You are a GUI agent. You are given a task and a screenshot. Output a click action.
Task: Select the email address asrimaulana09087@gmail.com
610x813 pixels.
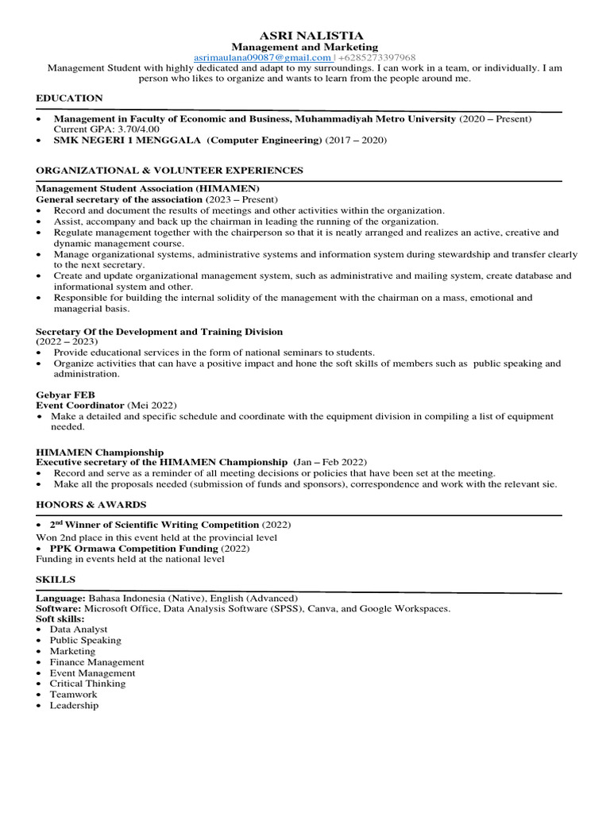point(263,58)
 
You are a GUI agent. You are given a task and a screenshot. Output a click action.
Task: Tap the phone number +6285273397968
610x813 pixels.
point(377,58)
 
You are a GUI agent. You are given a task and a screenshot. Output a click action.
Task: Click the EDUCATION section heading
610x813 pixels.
point(69,98)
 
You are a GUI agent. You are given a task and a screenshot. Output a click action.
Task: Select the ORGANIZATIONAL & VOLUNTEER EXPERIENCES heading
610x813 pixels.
point(169,170)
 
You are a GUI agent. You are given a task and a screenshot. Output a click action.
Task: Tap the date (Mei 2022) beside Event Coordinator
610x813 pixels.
point(152,405)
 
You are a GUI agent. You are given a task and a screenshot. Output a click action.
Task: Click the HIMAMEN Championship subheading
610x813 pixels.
point(100,452)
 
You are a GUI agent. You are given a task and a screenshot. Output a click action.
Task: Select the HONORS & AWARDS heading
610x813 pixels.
point(91,504)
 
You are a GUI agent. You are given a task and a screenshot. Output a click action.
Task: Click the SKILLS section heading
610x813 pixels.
point(54,580)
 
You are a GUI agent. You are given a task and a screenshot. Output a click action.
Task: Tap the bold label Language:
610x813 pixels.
point(60,598)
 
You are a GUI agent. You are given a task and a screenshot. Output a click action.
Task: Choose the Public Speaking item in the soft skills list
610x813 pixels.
point(85,640)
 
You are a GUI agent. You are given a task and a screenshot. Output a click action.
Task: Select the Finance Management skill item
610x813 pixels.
point(97,661)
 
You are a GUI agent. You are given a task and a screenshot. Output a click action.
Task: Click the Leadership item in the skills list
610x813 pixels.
point(74,705)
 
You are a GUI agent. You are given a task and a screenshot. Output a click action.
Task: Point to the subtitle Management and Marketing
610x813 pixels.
point(304,47)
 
